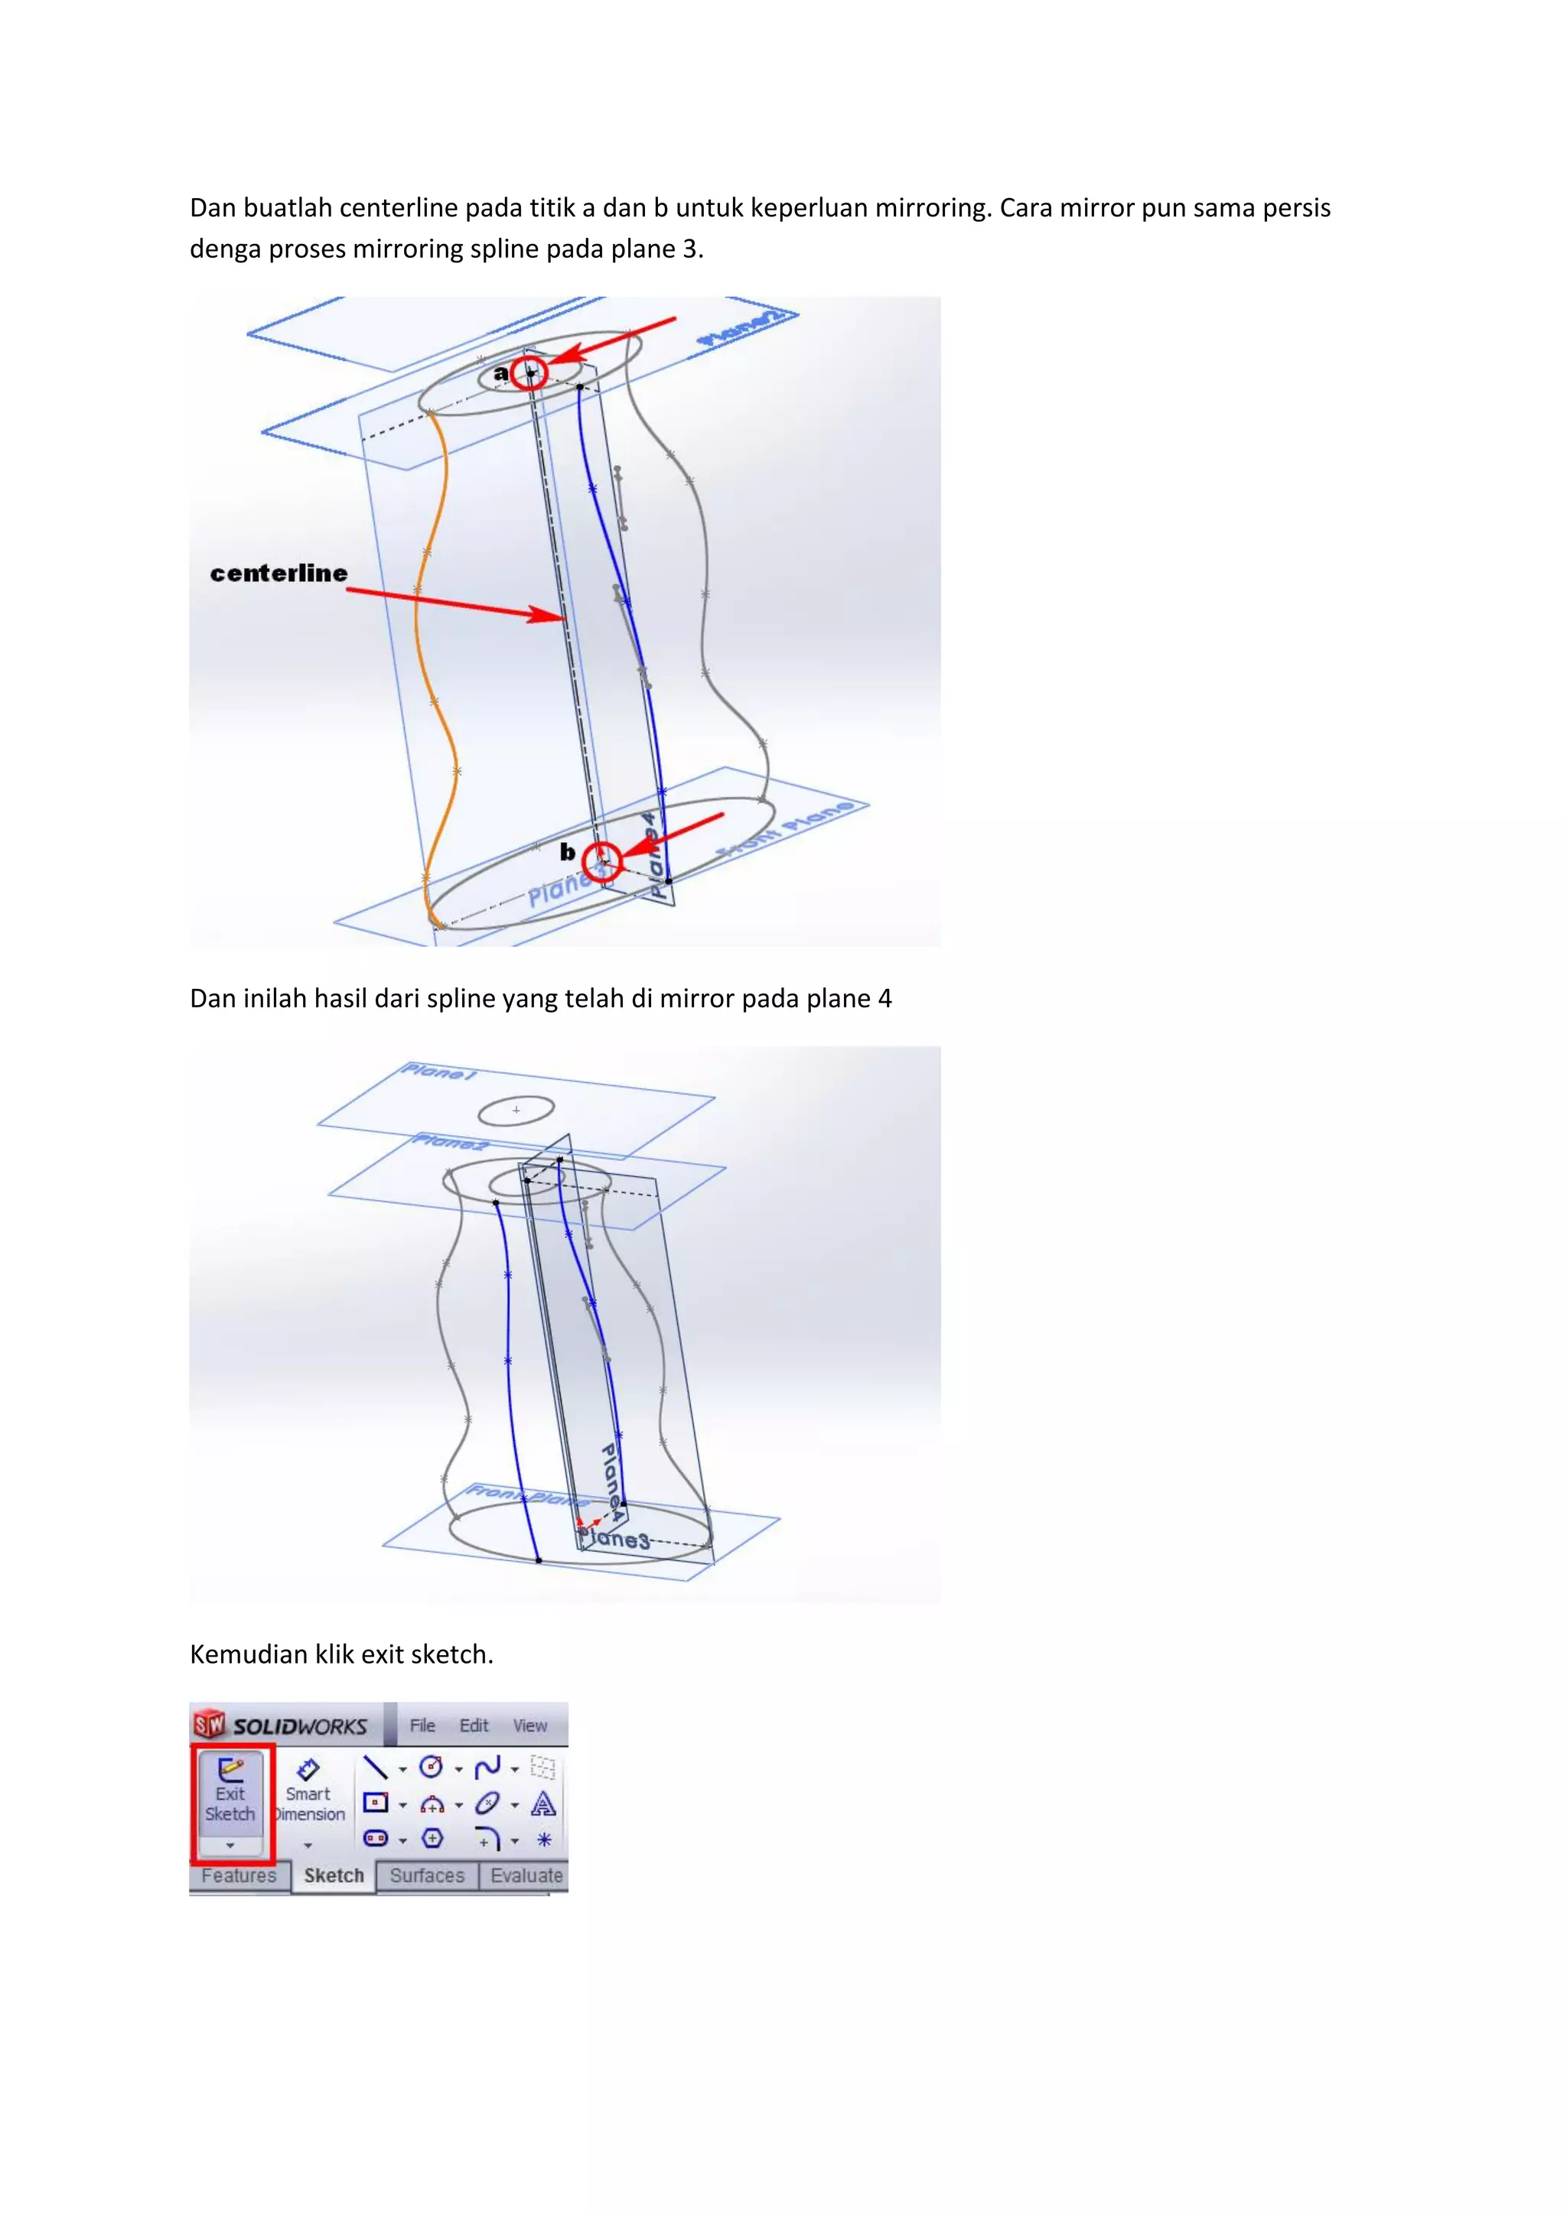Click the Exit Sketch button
click(230, 1793)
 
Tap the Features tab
click(238, 1875)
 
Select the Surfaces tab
click(426, 1875)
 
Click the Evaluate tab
click(526, 1875)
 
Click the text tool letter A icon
click(543, 1804)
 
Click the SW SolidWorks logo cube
click(208, 1724)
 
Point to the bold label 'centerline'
click(279, 573)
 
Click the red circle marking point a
click(529, 372)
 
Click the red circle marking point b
click(602, 860)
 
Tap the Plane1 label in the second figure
click(439, 1072)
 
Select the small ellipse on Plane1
click(516, 1111)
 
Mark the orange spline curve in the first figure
click(417, 627)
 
